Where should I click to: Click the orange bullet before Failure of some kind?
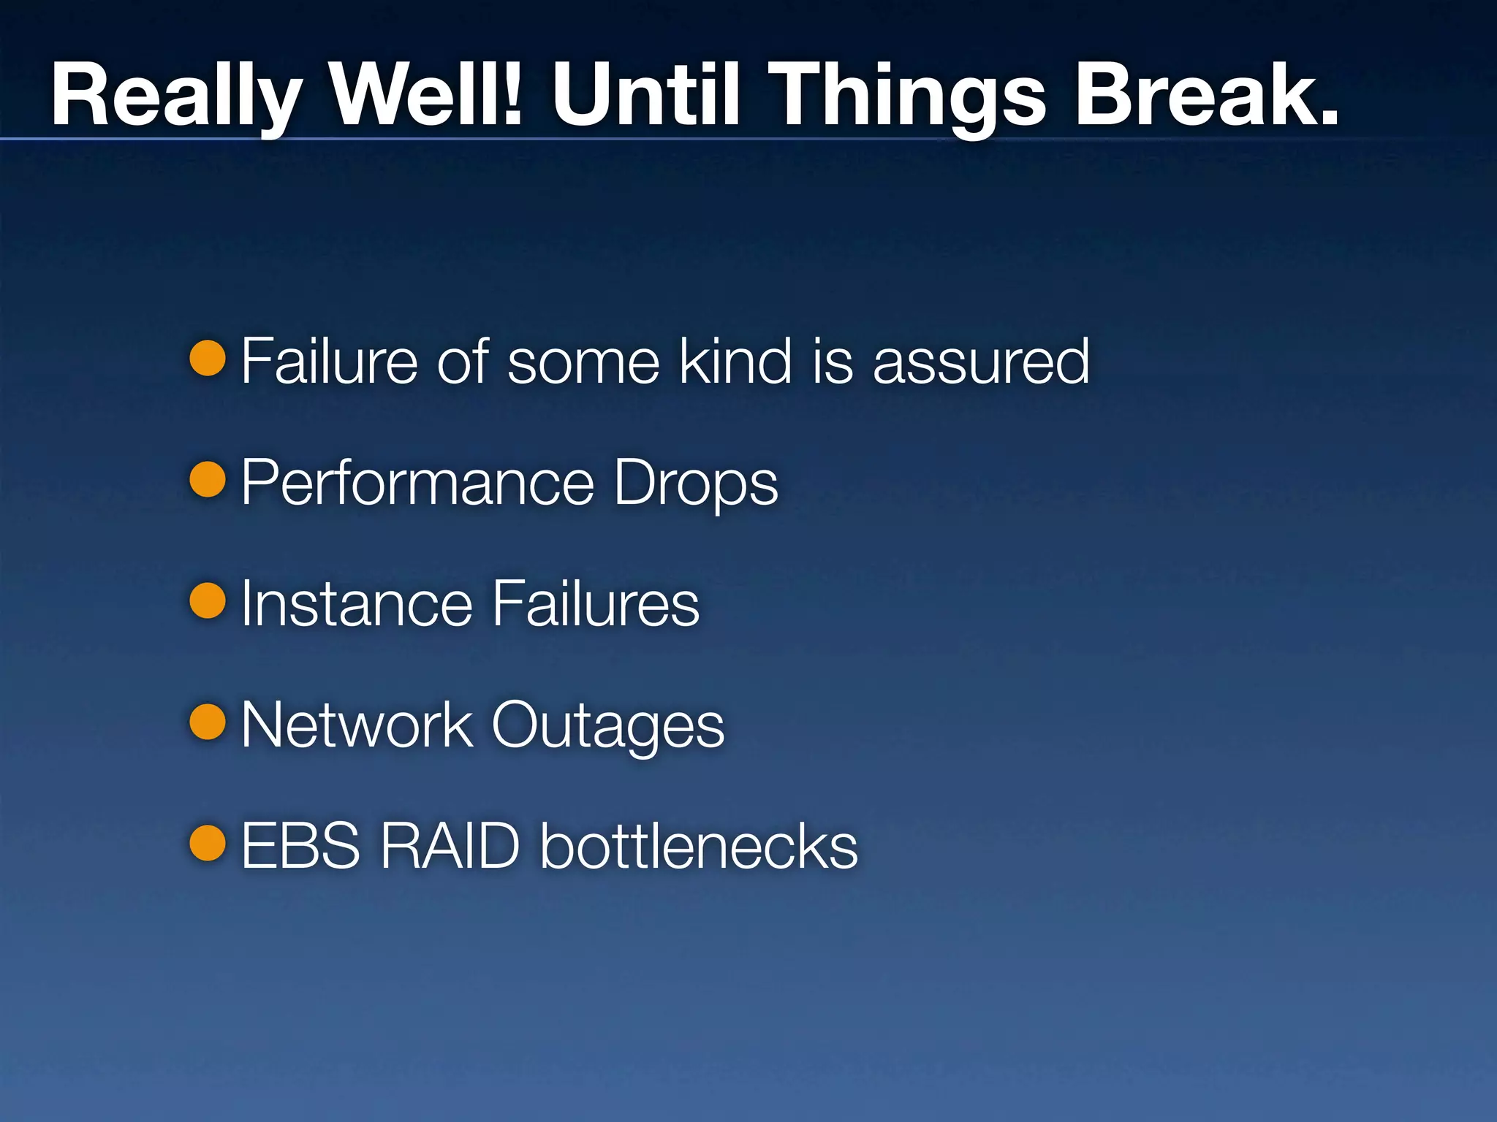coord(208,358)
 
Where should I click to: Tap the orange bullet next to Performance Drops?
coord(208,479)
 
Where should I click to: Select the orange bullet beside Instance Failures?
coord(208,600)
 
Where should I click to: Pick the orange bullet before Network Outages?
coord(208,722)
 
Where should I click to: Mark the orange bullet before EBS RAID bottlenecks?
coord(208,843)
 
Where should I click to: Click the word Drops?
coord(696,484)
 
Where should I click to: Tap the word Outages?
coord(607,726)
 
